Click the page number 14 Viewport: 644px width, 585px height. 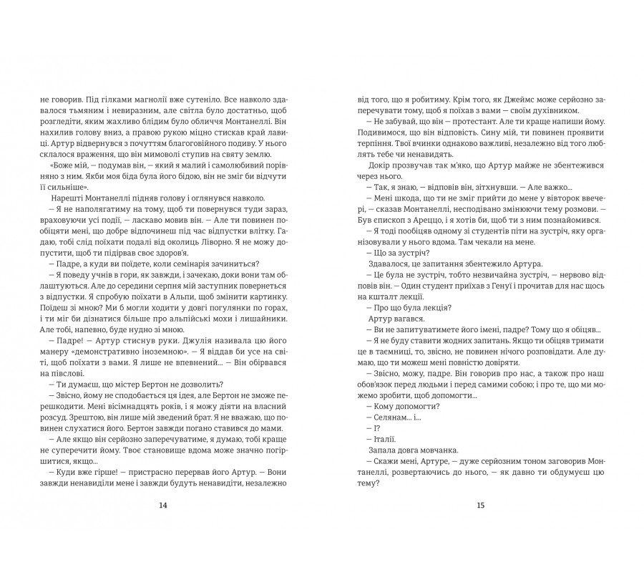[162, 505]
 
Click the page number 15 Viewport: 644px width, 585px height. [480, 505]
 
